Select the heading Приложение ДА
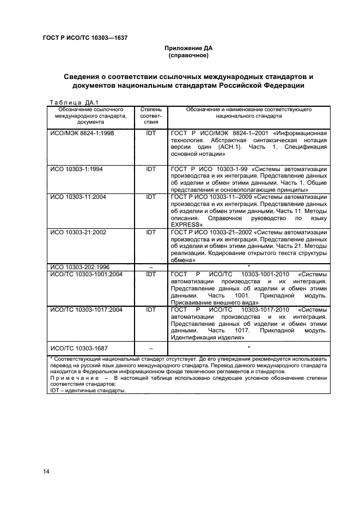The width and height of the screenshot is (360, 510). (188, 48)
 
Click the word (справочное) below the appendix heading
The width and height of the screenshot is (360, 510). (188, 56)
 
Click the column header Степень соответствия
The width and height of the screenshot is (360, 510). (151, 116)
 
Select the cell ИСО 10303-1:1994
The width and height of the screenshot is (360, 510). (76, 169)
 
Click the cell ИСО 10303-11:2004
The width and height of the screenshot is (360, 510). (78, 197)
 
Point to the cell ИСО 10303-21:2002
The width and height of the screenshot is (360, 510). (78, 233)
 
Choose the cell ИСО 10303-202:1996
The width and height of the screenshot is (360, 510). (80, 267)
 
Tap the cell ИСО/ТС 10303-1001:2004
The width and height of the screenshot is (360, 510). (86, 274)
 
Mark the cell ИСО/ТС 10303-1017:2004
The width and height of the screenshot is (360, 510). (86, 309)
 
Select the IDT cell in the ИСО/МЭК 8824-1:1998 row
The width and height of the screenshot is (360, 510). (151, 132)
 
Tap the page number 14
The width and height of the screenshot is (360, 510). (46, 472)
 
